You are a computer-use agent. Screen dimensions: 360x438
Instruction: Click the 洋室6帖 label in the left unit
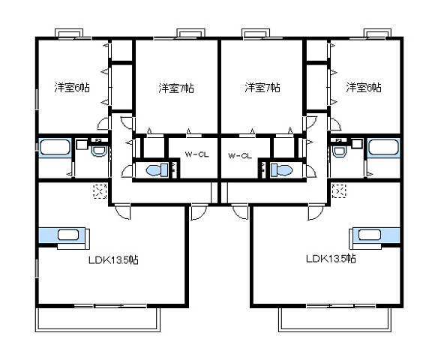coord(71,88)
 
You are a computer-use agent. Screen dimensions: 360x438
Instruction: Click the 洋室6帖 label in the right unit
coord(363,88)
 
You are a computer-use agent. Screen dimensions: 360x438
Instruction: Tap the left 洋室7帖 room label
coord(176,88)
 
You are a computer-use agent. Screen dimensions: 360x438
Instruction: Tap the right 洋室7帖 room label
coord(262,88)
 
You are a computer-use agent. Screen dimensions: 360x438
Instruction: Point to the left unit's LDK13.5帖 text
coord(112,260)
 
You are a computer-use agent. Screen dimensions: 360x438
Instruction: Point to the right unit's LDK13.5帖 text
coord(330,259)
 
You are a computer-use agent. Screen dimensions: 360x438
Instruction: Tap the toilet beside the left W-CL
coord(154,170)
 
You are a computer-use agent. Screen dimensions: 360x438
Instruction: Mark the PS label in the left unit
coord(98,140)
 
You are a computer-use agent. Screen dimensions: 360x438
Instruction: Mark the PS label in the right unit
coord(339,140)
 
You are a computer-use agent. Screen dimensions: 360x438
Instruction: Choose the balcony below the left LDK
coord(97,319)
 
